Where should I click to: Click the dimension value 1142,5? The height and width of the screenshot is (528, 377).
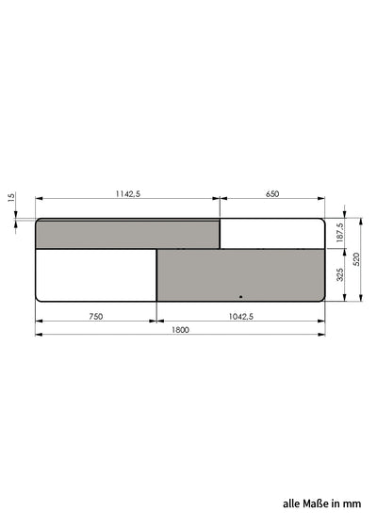coord(128,194)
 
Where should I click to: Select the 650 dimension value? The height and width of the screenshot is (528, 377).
coord(272,194)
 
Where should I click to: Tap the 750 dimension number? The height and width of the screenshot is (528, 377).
coord(96,317)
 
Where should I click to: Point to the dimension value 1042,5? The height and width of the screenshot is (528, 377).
coord(241,317)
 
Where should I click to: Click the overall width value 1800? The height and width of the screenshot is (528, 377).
coord(180,330)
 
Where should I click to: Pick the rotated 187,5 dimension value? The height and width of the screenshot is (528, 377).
coord(339,232)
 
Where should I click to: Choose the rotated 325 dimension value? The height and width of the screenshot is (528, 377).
coord(340,274)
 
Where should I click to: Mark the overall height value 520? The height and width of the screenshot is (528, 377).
coord(357,259)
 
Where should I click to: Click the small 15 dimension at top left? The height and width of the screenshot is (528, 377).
coord(11,197)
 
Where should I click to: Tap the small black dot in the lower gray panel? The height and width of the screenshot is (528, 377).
coord(240,297)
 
